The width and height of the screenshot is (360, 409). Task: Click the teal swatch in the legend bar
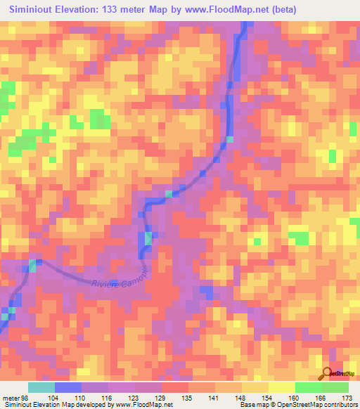[41, 388]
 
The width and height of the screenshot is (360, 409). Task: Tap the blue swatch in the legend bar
[68, 388]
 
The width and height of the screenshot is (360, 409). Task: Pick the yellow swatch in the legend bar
[281, 388]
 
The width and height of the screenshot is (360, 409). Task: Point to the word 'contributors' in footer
[339, 405]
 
